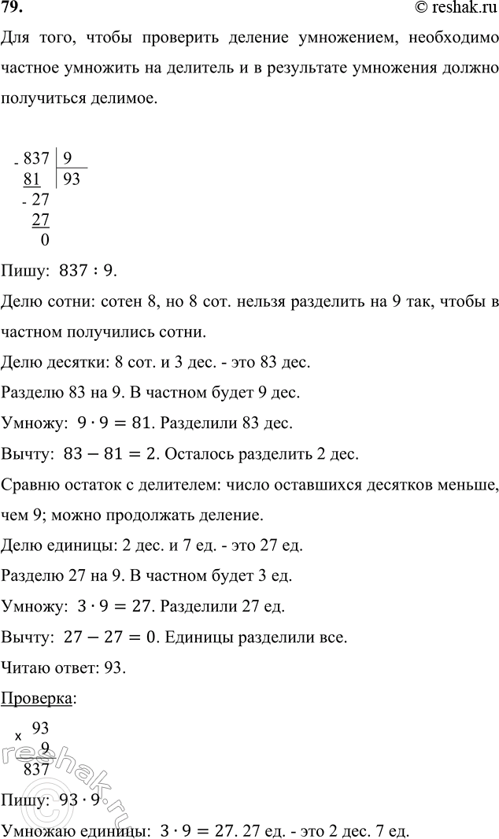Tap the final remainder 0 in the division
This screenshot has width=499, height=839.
[x=43, y=241]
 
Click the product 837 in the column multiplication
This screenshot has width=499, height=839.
[x=37, y=769]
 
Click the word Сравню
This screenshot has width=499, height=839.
[x=28, y=483]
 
